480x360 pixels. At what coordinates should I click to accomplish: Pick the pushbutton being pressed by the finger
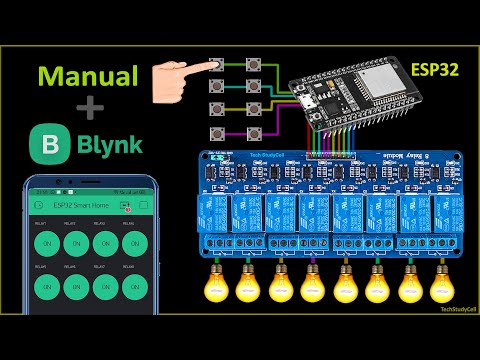(217, 65)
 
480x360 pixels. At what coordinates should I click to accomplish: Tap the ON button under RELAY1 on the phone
(46, 243)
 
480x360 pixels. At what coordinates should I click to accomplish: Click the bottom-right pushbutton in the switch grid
(255, 134)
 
